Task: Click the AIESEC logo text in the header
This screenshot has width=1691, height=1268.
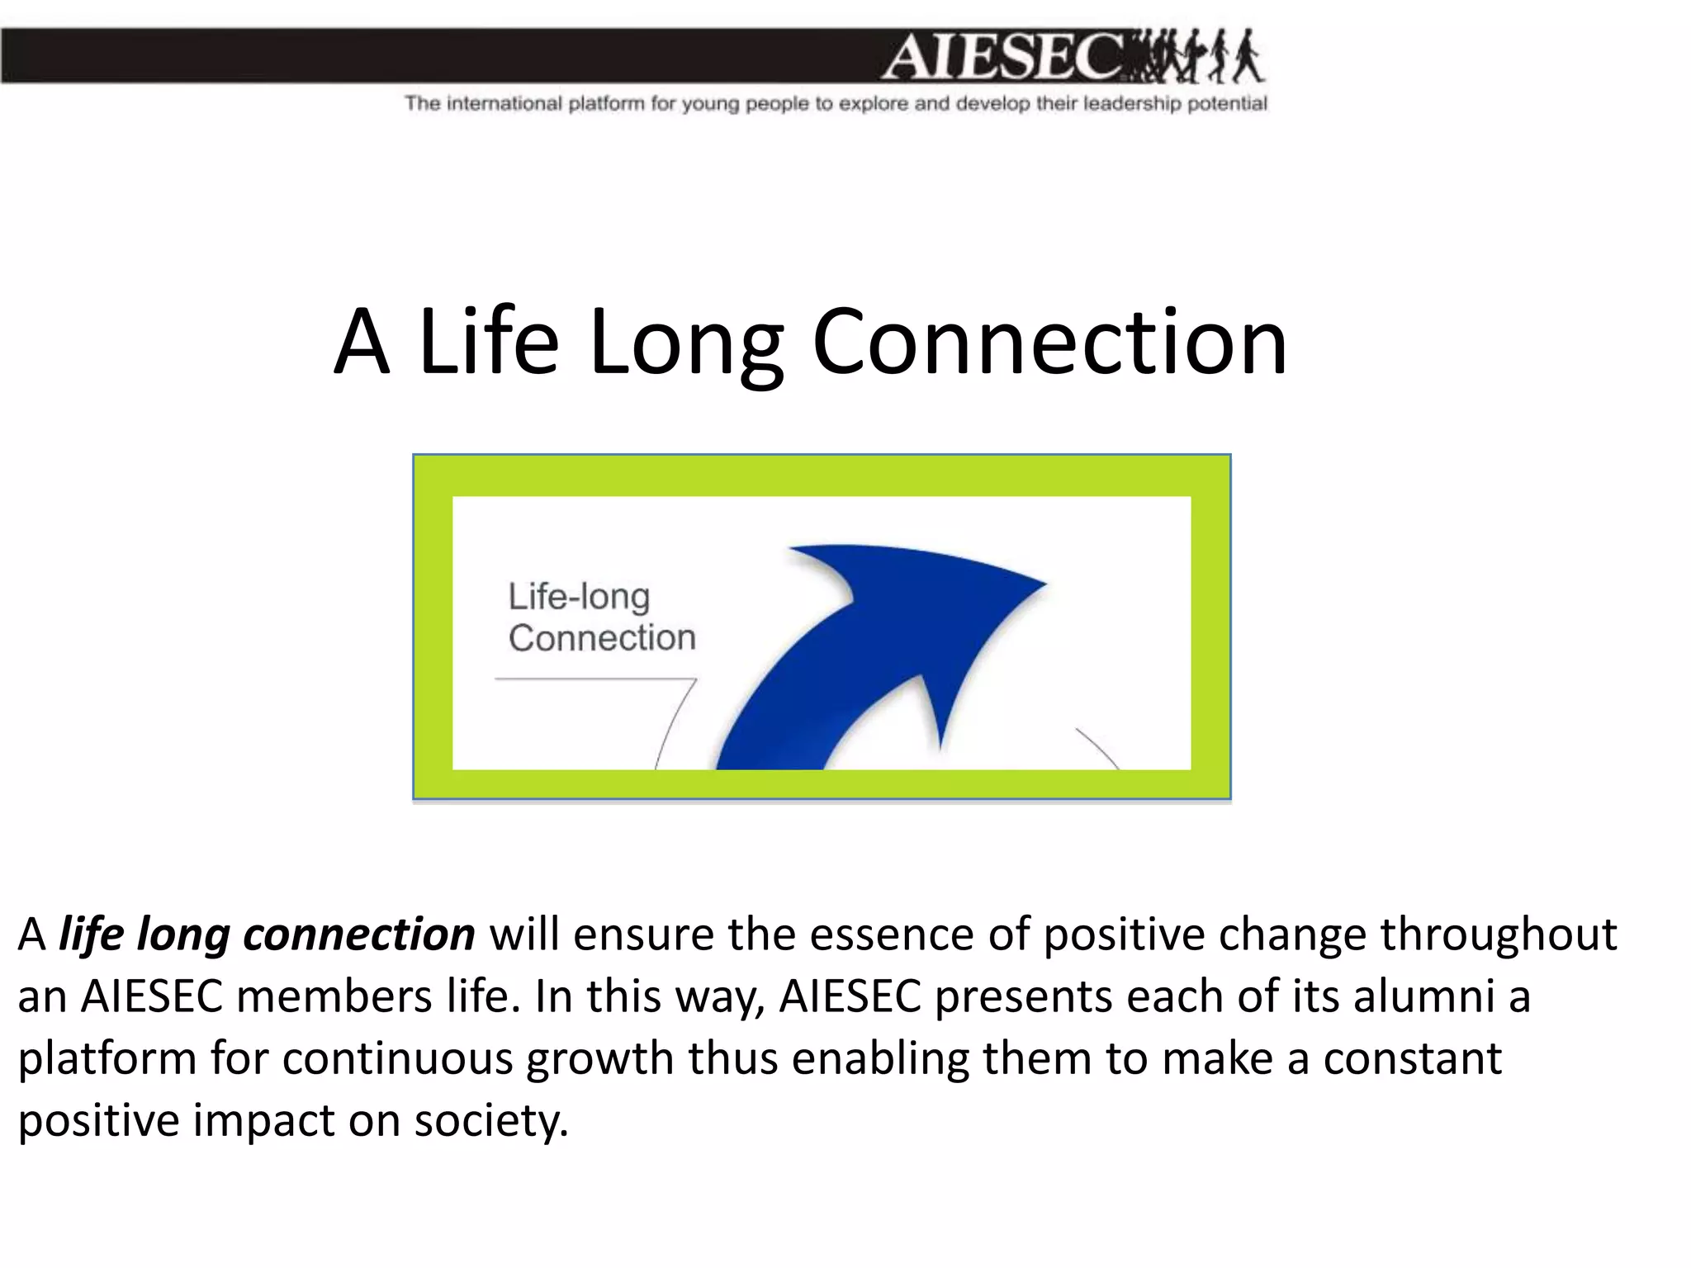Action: pos(1003,57)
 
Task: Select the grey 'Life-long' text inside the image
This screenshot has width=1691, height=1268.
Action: pos(579,596)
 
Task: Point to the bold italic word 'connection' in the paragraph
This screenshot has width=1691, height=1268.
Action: pos(359,935)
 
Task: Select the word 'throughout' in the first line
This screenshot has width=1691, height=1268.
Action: pos(1498,935)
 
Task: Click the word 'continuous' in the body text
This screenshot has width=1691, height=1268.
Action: pos(397,1059)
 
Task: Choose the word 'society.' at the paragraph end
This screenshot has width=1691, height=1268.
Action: pos(491,1121)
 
